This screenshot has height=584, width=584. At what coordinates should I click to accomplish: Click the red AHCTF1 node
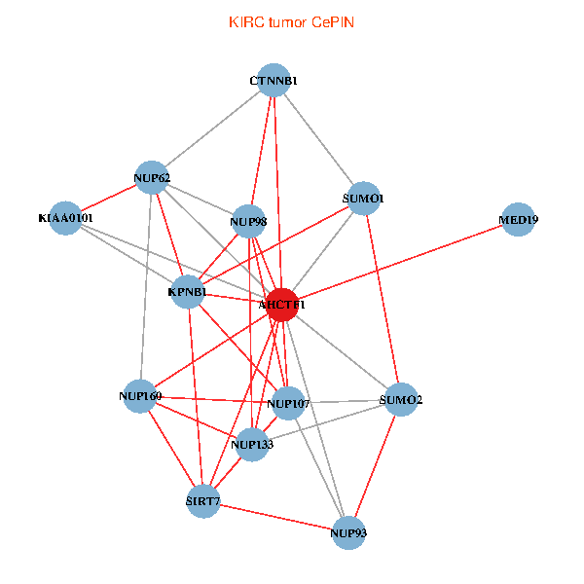pos(281,305)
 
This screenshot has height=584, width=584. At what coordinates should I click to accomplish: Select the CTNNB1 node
pos(274,80)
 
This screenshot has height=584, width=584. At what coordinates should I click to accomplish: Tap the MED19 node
pos(518,219)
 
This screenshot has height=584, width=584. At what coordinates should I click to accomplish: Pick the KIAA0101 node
pos(65,218)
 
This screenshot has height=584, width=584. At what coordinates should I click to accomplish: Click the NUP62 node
pos(151,177)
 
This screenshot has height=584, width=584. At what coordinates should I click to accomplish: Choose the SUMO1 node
pos(363,198)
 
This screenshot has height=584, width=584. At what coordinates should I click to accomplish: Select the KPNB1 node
pos(187,292)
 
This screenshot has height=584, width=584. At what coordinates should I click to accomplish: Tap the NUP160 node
pos(140,396)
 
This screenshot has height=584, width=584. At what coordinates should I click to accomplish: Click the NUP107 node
pos(287,402)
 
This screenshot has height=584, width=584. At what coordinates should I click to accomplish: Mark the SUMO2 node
pos(400,399)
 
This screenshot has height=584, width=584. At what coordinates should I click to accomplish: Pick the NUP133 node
pos(252,445)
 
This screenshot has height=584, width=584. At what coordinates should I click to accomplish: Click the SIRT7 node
pos(203,502)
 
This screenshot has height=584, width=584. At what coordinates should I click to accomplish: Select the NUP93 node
pos(348,532)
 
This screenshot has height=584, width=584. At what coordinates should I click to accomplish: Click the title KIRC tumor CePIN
pos(291,21)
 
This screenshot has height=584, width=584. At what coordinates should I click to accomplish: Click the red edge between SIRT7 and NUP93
pos(275,517)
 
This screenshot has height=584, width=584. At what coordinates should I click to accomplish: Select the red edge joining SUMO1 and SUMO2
pos(382,298)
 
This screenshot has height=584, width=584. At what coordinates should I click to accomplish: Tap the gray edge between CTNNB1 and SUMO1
pos(318,138)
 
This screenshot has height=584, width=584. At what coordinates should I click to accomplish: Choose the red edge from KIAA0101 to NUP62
pos(108,198)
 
